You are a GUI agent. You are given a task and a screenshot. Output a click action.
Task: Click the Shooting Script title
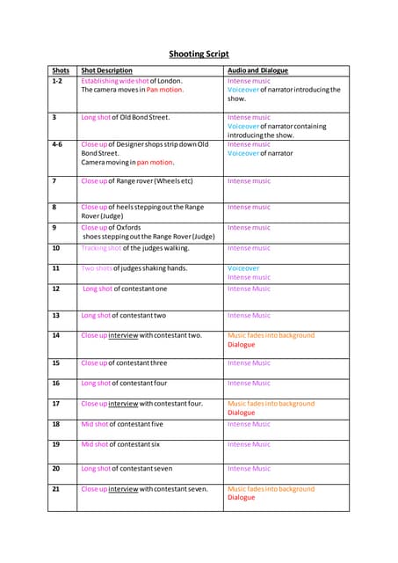click(199, 54)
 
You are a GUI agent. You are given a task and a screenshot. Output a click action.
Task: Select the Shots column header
click(61, 70)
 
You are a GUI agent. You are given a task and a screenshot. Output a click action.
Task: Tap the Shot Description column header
click(106, 70)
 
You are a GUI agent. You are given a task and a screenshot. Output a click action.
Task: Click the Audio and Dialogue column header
click(257, 70)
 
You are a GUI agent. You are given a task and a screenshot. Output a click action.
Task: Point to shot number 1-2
click(57, 81)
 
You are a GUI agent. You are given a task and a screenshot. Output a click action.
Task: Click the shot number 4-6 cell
click(57, 144)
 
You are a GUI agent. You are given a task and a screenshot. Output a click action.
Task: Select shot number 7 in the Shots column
click(54, 181)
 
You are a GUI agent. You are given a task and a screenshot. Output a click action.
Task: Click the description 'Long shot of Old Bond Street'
click(126, 117)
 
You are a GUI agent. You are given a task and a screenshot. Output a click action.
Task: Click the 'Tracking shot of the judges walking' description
click(134, 248)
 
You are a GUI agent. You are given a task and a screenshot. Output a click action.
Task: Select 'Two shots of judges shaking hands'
click(134, 268)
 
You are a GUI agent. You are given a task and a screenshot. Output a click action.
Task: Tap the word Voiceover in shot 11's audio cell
click(243, 268)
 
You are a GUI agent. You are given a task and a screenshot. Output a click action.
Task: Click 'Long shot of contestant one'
click(125, 289)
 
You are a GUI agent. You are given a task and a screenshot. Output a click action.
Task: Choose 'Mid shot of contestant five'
click(122, 424)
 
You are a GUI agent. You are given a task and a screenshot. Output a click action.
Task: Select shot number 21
click(56, 488)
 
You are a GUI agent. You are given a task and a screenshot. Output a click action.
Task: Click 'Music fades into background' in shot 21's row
click(271, 488)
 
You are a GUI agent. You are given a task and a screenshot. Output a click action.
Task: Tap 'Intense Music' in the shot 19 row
click(250, 444)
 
